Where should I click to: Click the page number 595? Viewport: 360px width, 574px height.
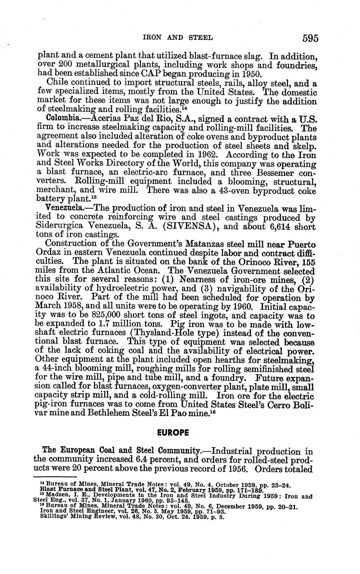tap(310, 38)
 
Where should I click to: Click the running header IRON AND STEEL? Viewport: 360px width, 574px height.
tap(178, 37)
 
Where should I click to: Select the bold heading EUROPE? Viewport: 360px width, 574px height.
tap(173, 433)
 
